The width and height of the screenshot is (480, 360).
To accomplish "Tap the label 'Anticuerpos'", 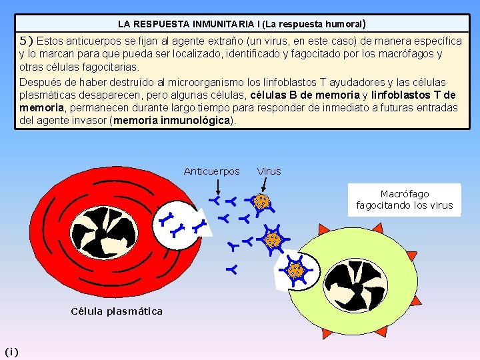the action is click(x=211, y=171).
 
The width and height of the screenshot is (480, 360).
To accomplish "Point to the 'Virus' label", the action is click(x=269, y=171).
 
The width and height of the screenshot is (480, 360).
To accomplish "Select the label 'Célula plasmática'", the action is click(x=117, y=311).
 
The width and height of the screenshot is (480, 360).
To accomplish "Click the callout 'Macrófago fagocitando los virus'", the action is click(x=404, y=200).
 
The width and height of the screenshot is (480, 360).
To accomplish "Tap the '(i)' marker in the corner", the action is click(x=11, y=351).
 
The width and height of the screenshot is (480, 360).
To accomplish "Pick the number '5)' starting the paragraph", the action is click(x=26, y=41).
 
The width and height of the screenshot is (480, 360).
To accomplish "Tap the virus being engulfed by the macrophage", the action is click(x=295, y=270).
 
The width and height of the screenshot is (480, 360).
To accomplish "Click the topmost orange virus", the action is click(x=261, y=201).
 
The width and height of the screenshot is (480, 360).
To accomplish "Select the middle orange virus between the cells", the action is click(x=272, y=239).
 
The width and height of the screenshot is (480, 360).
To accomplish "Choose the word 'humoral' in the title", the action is click(x=338, y=24).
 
